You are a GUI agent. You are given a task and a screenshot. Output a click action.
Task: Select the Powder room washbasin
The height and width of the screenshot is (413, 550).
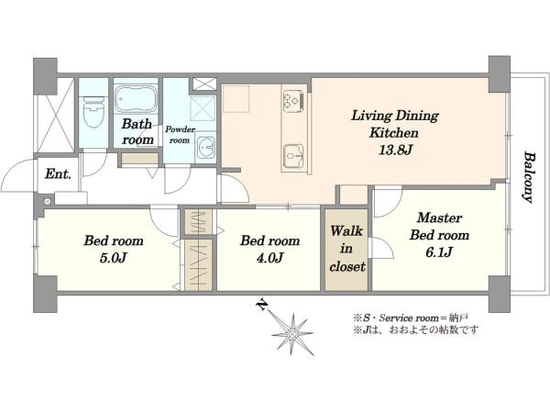[205, 148]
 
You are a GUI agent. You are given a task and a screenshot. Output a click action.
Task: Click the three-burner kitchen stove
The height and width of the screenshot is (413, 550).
[293, 99]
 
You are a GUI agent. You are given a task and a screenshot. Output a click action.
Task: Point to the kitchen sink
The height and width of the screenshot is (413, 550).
[294, 155]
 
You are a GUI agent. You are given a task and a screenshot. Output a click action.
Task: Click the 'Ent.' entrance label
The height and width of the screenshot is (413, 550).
[59, 173]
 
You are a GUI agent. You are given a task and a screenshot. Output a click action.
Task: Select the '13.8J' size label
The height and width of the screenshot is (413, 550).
[395, 150]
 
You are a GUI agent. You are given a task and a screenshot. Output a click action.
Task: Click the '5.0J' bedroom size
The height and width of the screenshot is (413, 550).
[113, 258]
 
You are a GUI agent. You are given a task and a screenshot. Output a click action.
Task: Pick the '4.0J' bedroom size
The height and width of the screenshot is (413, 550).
[269, 258]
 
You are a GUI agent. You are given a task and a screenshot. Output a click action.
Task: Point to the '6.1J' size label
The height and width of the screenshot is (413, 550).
[439, 251]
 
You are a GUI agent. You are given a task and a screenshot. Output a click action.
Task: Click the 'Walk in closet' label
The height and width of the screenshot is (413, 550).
[346, 249]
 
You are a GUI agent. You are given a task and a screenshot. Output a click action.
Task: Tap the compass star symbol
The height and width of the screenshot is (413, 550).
[293, 334]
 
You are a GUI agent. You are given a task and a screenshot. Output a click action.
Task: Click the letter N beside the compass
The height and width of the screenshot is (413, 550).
[261, 305]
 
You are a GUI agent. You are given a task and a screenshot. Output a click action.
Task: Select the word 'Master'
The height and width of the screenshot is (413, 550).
[439, 218]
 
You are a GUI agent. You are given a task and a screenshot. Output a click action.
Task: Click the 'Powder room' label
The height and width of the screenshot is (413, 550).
[180, 135]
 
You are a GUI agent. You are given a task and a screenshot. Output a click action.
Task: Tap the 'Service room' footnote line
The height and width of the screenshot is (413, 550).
[411, 318]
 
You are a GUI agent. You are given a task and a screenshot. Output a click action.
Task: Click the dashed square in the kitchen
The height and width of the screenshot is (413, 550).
[236, 99]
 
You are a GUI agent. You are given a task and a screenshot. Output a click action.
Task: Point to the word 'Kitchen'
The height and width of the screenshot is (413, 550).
[394, 133]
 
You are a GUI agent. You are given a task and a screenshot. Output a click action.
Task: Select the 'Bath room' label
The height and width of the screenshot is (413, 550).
[137, 131]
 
